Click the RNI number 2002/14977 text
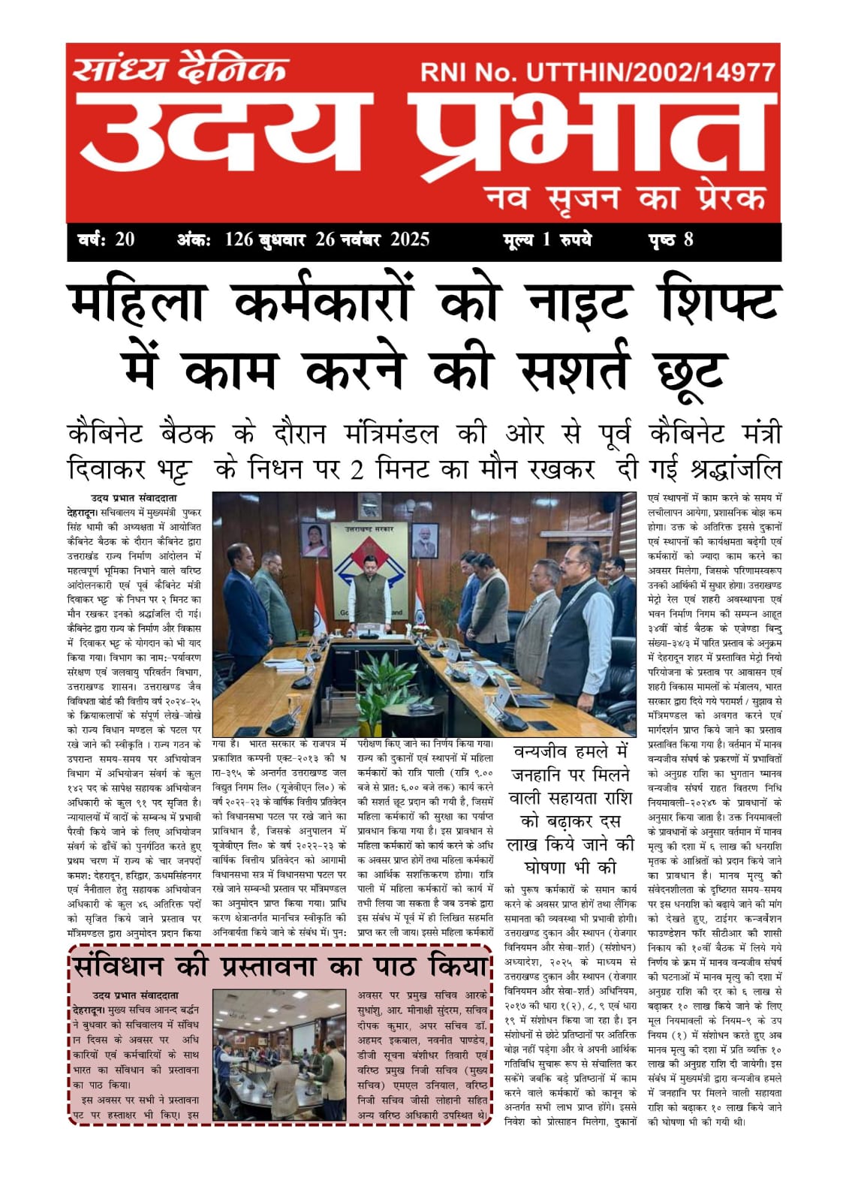click(706, 73)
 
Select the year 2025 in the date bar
click(409, 240)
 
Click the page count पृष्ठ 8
click(670, 240)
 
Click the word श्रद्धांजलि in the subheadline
click(734, 469)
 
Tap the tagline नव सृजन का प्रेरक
click(625, 198)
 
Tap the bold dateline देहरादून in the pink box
click(89, 1010)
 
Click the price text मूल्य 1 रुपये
click(547, 240)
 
